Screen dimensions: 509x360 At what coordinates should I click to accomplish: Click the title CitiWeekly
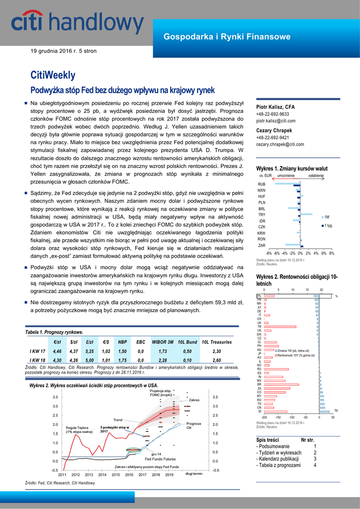53,75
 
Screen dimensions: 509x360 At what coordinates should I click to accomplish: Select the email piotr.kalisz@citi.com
275,121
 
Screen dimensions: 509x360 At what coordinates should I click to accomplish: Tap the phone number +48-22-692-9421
272,138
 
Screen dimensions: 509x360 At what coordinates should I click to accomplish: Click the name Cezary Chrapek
274,131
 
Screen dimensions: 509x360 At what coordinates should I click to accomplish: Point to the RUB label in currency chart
262,184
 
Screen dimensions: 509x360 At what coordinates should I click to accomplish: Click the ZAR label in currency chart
262,246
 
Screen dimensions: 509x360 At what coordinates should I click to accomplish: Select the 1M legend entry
327,217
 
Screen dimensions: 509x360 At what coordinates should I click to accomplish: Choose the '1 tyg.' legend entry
328,226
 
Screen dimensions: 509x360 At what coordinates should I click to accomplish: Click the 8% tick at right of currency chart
332,253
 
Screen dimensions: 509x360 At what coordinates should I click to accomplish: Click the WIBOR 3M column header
163,342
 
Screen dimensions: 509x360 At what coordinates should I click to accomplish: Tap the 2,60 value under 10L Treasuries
217,360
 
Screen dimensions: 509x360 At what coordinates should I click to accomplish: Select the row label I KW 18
37,360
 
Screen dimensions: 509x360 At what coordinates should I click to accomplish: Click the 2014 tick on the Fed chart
102,475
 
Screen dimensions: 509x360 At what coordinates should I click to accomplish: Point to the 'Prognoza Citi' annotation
193,425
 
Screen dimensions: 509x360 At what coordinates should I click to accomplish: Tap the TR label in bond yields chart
259,327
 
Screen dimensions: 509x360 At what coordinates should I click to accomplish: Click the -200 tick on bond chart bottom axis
264,418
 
